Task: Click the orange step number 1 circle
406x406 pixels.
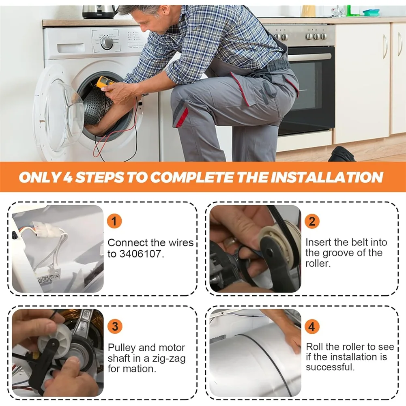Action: point(114,221)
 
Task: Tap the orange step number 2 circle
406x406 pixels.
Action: point(312,221)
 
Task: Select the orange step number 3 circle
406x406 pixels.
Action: point(115,326)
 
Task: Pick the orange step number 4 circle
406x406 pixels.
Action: point(312,326)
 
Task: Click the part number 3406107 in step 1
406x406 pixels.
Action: point(142,254)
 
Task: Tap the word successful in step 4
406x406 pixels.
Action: point(330,367)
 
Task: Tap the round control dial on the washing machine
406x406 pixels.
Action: point(107,43)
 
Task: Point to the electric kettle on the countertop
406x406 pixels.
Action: point(99,12)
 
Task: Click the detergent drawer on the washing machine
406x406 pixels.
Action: point(71,48)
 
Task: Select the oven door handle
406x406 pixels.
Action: point(310,57)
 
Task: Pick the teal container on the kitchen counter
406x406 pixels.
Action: point(371,13)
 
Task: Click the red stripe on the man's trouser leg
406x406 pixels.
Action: point(182,117)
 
